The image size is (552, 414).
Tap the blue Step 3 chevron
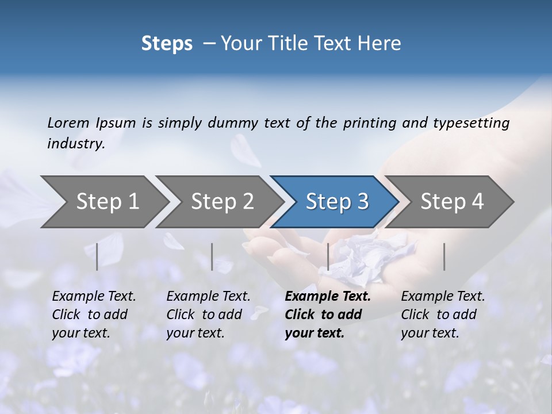335,202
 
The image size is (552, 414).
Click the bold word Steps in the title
167,44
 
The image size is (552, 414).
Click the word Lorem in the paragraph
68,122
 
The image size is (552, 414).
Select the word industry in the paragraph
75,143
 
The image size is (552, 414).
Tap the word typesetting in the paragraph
471,122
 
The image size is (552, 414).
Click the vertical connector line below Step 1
97,256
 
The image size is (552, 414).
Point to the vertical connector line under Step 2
212,256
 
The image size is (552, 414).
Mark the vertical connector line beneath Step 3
328,256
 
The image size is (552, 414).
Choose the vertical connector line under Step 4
444,256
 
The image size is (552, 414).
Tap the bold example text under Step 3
327,315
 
